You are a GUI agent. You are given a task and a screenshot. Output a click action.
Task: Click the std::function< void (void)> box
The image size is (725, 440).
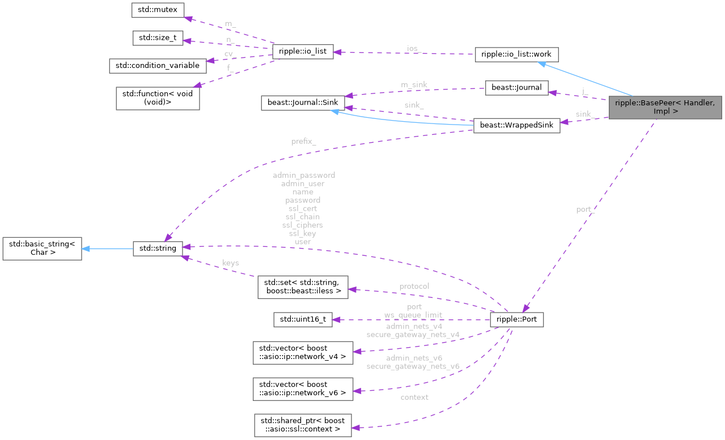click(158, 98)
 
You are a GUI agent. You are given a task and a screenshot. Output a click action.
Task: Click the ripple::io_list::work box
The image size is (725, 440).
click(516, 54)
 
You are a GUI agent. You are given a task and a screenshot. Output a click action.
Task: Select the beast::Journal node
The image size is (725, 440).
click(516, 88)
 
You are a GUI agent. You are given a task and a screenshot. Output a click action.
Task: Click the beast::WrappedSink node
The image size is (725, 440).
click(516, 125)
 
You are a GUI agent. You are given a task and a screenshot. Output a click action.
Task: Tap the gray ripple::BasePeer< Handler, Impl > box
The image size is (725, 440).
click(665, 106)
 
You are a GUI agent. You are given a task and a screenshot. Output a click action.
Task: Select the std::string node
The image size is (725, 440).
click(158, 248)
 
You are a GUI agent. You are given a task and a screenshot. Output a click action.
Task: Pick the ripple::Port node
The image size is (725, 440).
click(516, 319)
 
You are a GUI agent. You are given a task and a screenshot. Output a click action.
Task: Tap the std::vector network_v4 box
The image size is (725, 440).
click(303, 352)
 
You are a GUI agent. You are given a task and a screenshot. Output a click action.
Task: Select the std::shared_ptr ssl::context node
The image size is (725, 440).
click(303, 425)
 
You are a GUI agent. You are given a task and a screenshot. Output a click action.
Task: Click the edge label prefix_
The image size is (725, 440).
click(303, 142)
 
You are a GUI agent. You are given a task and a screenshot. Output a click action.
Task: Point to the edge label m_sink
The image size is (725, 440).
click(414, 84)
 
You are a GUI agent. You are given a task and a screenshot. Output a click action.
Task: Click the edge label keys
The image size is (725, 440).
click(230, 263)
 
